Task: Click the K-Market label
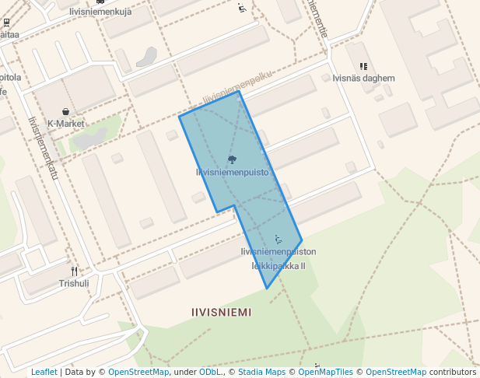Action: point(65,124)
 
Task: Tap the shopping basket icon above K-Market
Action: point(66,112)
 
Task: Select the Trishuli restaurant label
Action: point(74,283)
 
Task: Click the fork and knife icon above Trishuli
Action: point(75,271)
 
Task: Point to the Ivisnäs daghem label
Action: point(363,79)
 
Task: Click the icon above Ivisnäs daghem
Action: point(363,67)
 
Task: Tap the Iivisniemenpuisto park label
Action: point(232,172)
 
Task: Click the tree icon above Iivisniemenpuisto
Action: point(232,159)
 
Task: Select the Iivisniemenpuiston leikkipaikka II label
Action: point(279,258)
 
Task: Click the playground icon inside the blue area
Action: point(279,239)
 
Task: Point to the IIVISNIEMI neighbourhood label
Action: point(221,312)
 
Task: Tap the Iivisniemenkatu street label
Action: point(44,148)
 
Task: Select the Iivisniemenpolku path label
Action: point(237,87)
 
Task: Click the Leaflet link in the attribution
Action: point(44,372)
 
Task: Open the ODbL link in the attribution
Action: point(209,372)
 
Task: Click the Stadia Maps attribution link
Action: point(261,372)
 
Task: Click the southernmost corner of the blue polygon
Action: point(267,289)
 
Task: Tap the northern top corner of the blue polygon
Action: point(239,92)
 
